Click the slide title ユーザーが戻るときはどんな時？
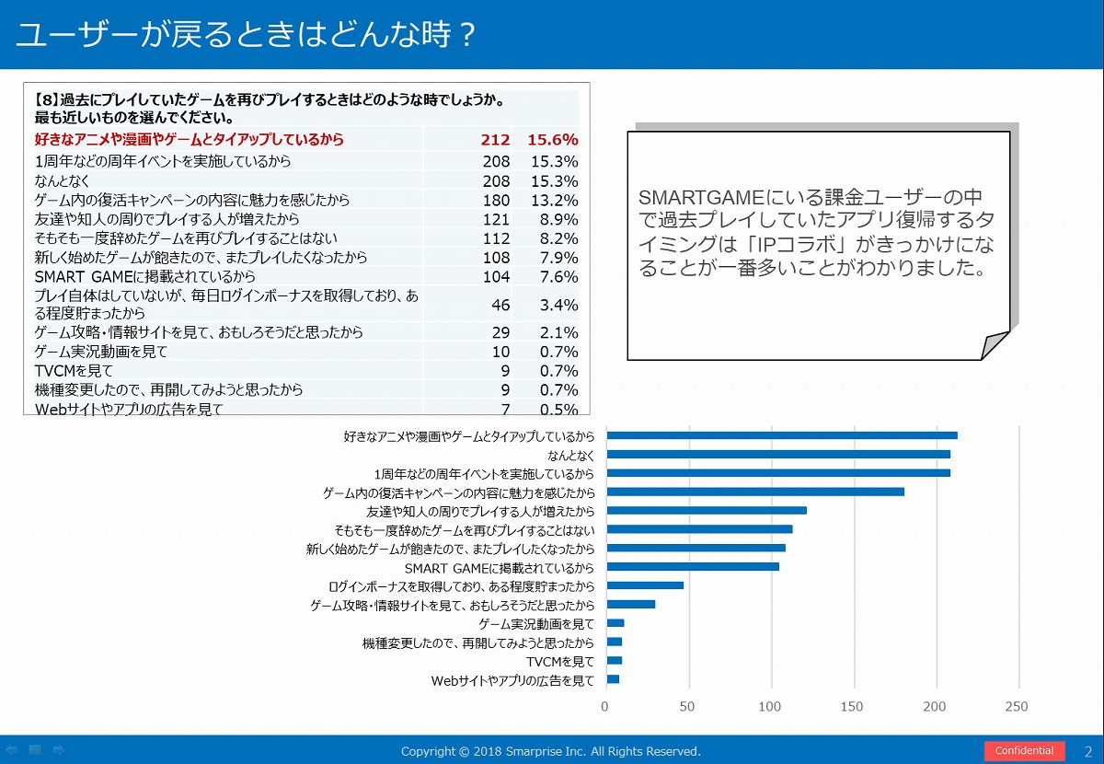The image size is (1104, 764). pyautogui.click(x=247, y=35)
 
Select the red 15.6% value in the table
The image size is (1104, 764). pyautogui.click(x=552, y=140)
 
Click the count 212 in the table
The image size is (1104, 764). pyautogui.click(x=494, y=140)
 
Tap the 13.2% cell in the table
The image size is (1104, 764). pyautogui.click(x=554, y=200)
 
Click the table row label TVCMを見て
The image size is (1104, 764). pyautogui.click(x=74, y=371)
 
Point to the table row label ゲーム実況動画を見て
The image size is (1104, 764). pyautogui.click(x=100, y=352)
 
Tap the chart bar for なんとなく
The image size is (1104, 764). pyautogui.click(x=778, y=454)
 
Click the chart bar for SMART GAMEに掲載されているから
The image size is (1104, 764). pyautogui.click(x=693, y=566)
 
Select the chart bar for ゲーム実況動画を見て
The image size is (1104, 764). pyautogui.click(x=615, y=623)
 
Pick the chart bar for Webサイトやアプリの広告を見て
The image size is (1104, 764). pyautogui.click(x=613, y=679)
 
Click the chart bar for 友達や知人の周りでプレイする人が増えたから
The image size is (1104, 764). pyautogui.click(x=707, y=510)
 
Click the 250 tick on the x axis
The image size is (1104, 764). pyautogui.click(x=1017, y=707)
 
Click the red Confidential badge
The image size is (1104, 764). pyautogui.click(x=1024, y=751)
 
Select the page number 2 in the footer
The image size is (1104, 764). pyautogui.click(x=1088, y=751)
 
